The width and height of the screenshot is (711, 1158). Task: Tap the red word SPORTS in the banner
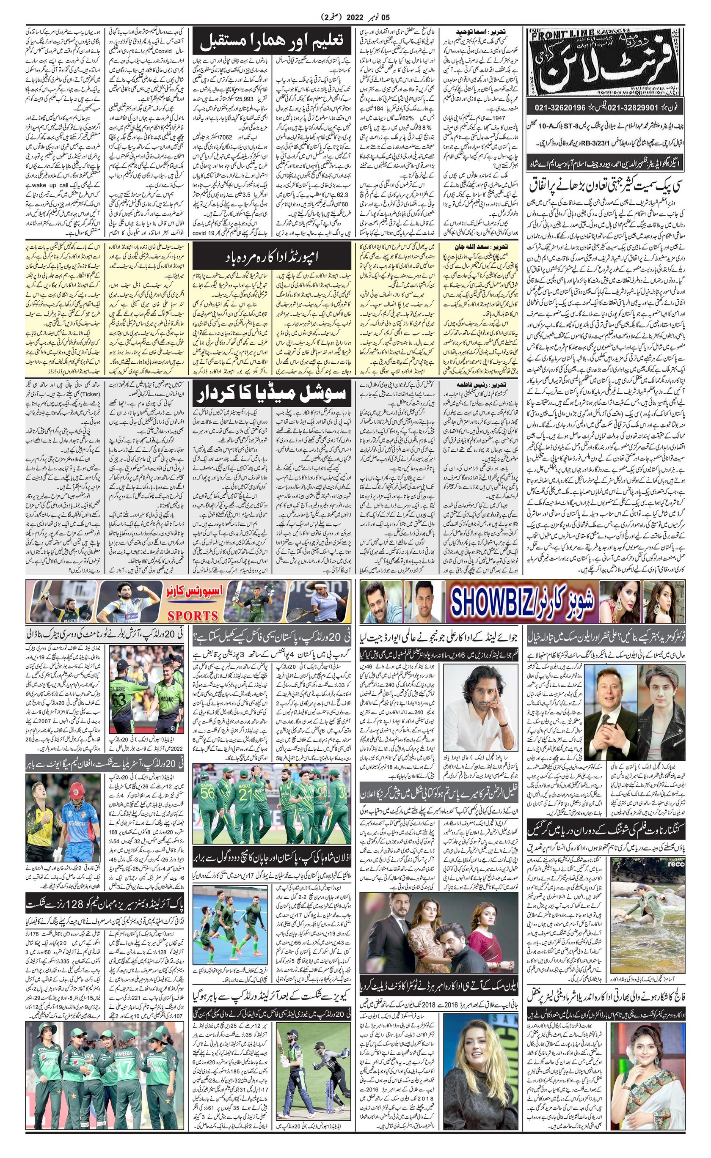[193, 616]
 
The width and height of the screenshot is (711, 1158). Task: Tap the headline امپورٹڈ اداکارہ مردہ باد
[271, 257]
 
